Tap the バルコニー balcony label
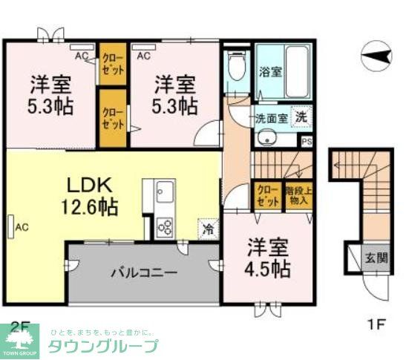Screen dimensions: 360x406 point(144,272)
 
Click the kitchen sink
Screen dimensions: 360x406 point(164,194)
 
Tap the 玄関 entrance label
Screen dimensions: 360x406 point(375,258)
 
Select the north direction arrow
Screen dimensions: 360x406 point(377,54)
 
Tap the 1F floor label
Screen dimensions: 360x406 point(377,324)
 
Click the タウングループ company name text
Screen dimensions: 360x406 point(103,346)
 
